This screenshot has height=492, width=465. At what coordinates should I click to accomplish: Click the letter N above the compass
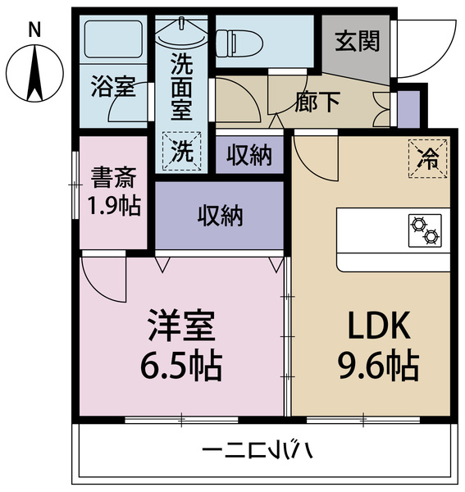[x=34, y=30]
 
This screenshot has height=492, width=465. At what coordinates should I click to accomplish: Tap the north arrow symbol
[x=34, y=72]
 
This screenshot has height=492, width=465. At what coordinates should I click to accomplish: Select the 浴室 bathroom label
[x=113, y=86]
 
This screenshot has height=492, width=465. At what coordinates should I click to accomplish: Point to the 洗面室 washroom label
[x=182, y=84]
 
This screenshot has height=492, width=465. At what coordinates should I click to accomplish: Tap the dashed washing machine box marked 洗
[x=182, y=151]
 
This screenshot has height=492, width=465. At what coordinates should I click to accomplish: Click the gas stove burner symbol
[x=424, y=230]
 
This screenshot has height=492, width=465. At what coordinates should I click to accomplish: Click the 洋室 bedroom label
[x=181, y=326]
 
